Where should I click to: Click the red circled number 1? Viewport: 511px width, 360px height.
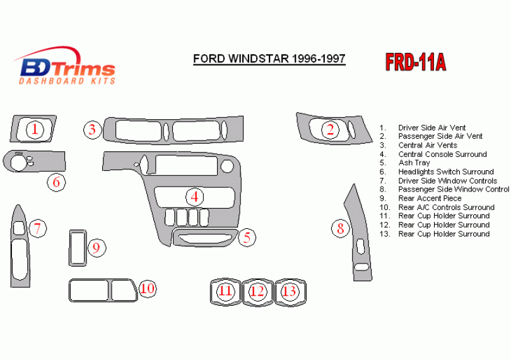point(35,130)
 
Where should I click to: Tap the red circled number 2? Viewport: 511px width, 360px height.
point(330,130)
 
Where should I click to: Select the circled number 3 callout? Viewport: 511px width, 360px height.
point(93,131)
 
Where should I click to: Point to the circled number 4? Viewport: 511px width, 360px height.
point(196,197)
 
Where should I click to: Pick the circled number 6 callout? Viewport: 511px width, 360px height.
point(56,183)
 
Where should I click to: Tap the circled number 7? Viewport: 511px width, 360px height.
point(38,228)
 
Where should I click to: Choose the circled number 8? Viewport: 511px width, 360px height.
point(341,229)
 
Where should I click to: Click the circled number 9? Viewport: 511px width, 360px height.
point(96,248)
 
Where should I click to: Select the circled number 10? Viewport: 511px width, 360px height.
point(147,289)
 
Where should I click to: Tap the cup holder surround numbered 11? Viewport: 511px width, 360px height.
point(225,291)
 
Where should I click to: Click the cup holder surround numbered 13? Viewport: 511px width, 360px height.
point(290,291)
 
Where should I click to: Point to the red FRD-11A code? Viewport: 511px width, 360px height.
point(415,62)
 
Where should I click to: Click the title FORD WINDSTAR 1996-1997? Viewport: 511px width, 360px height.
point(269,59)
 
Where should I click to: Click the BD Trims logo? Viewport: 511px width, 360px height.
point(66,66)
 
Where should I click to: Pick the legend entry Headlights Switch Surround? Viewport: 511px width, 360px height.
point(445,171)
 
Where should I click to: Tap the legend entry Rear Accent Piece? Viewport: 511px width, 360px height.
point(430,198)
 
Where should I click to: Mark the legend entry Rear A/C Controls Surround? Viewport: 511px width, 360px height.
point(446,207)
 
